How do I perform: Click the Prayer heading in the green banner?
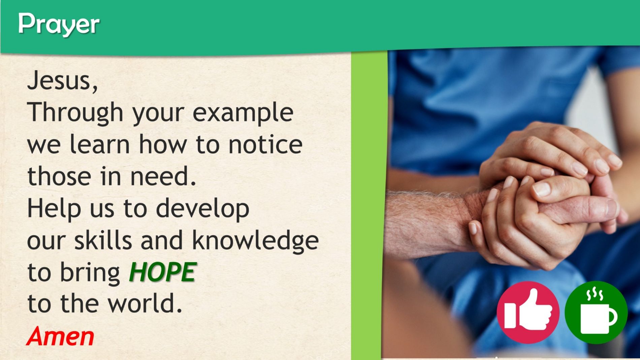pyautogui.click(x=59, y=25)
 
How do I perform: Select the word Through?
pyautogui.click(x=75, y=113)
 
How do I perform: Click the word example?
pyautogui.click(x=243, y=113)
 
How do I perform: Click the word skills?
pyautogui.click(x=103, y=240)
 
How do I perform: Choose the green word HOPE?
pyautogui.click(x=162, y=272)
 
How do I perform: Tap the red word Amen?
pyautogui.click(x=60, y=336)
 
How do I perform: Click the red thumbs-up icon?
pyautogui.click(x=528, y=312)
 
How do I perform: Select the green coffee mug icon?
pyautogui.click(x=596, y=312)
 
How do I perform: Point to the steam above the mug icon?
pyautogui.click(x=595, y=294)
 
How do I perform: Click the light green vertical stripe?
pyautogui.click(x=369, y=205)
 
